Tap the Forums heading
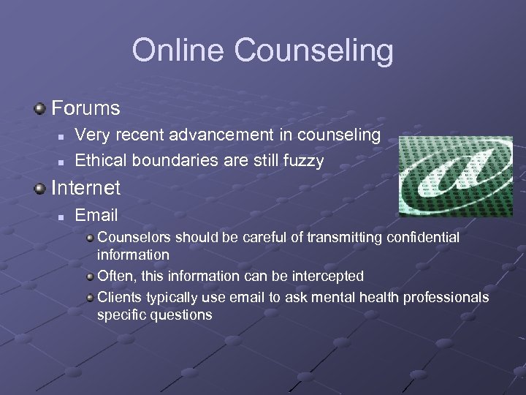coord(85,109)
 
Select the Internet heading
coord(85,188)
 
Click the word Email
coord(96,215)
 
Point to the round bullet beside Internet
coord(41,189)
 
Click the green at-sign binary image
coord(455,176)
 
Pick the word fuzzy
coord(302,161)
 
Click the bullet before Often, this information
coord(90,276)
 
